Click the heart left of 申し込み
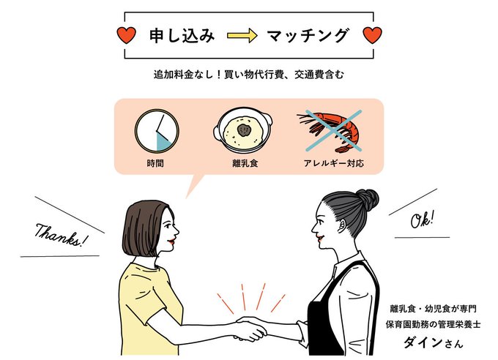pyautogui.click(x=127, y=34)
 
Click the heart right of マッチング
pyautogui.click(x=373, y=34)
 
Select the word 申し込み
pyautogui.click(x=182, y=35)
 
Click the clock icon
pyautogui.click(x=157, y=132)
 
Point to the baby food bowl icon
pyautogui.click(x=242, y=132)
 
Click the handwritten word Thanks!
pyautogui.click(x=62, y=234)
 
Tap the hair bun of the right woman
pyautogui.click(x=366, y=199)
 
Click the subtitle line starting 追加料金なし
pyautogui.click(x=248, y=75)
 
